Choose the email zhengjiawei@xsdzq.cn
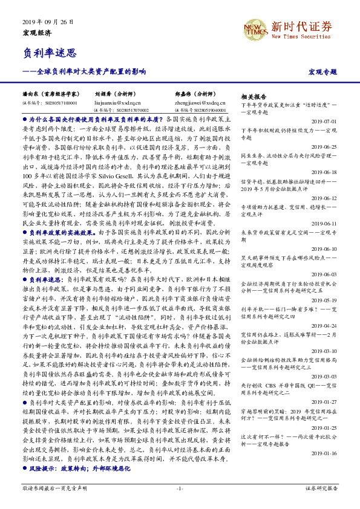click(x=200, y=103)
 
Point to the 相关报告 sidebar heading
click(x=254, y=97)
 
